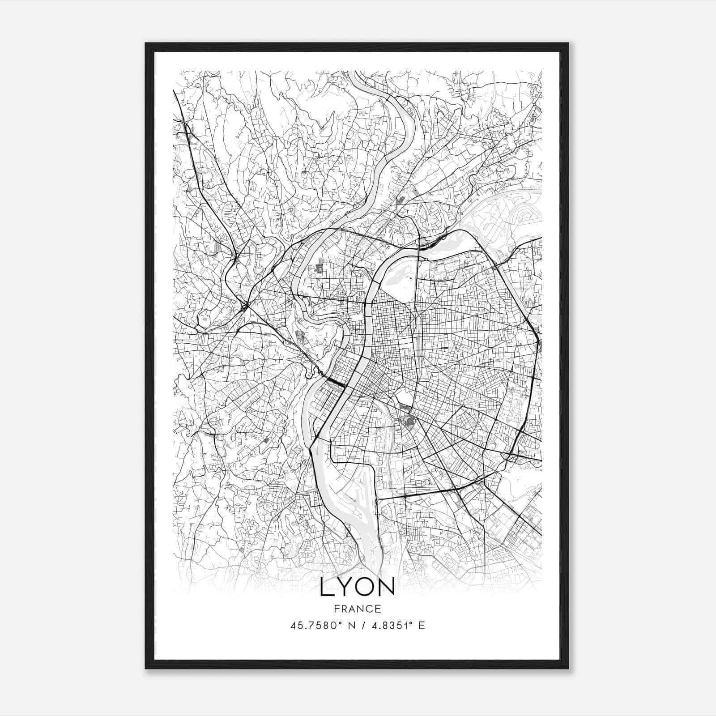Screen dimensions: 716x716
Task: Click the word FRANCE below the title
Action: click(x=357, y=609)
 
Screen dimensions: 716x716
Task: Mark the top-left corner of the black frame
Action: click(x=146, y=43)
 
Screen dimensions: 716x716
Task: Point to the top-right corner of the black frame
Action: click(x=568, y=43)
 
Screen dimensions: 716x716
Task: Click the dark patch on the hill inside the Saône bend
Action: click(x=299, y=333)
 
